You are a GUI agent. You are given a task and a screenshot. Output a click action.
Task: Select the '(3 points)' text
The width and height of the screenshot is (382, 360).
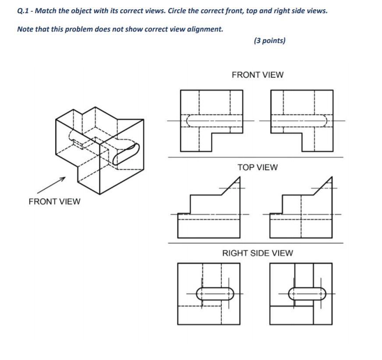click(269, 41)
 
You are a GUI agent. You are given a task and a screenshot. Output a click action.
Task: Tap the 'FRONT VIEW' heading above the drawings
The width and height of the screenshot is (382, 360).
click(258, 75)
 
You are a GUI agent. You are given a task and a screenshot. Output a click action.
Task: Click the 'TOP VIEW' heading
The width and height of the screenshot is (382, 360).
click(258, 168)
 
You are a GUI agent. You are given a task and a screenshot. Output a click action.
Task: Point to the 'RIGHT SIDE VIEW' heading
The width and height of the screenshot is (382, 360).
click(258, 253)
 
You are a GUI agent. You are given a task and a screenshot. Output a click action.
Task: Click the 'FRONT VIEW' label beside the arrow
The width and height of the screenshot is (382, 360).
click(54, 202)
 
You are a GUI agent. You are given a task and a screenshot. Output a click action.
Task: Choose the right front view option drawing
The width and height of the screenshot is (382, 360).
click(302, 121)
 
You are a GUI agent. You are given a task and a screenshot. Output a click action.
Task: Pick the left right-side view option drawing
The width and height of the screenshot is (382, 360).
click(209, 294)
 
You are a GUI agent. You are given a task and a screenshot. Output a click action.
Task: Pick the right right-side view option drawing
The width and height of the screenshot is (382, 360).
click(301, 294)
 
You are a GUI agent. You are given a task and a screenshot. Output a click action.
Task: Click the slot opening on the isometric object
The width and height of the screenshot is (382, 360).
click(127, 153)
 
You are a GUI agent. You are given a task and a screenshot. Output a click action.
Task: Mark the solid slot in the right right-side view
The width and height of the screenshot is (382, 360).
click(307, 293)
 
